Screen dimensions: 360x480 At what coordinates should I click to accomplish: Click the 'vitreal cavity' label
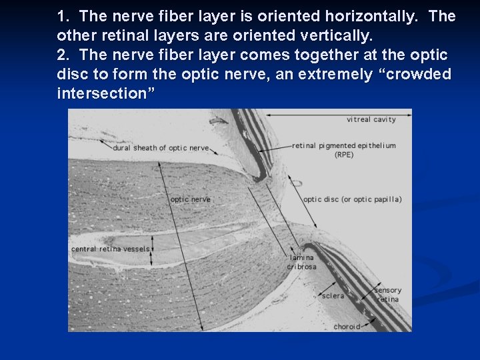371,120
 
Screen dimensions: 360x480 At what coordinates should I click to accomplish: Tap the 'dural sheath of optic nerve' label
161,148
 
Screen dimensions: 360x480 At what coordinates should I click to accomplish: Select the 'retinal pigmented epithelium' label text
344,145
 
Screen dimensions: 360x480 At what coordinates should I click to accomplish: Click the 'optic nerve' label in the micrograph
190,199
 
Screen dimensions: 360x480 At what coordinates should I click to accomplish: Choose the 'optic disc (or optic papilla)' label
352,199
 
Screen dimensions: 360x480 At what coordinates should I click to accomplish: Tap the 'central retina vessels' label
111,249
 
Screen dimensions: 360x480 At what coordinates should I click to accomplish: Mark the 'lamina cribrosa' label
301,262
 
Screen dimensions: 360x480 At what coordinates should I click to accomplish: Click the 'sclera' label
333,296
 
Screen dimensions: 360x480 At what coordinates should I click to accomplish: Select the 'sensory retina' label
387,295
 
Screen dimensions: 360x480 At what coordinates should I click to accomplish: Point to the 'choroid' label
346,327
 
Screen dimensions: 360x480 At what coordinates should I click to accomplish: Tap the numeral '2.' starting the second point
65,55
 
